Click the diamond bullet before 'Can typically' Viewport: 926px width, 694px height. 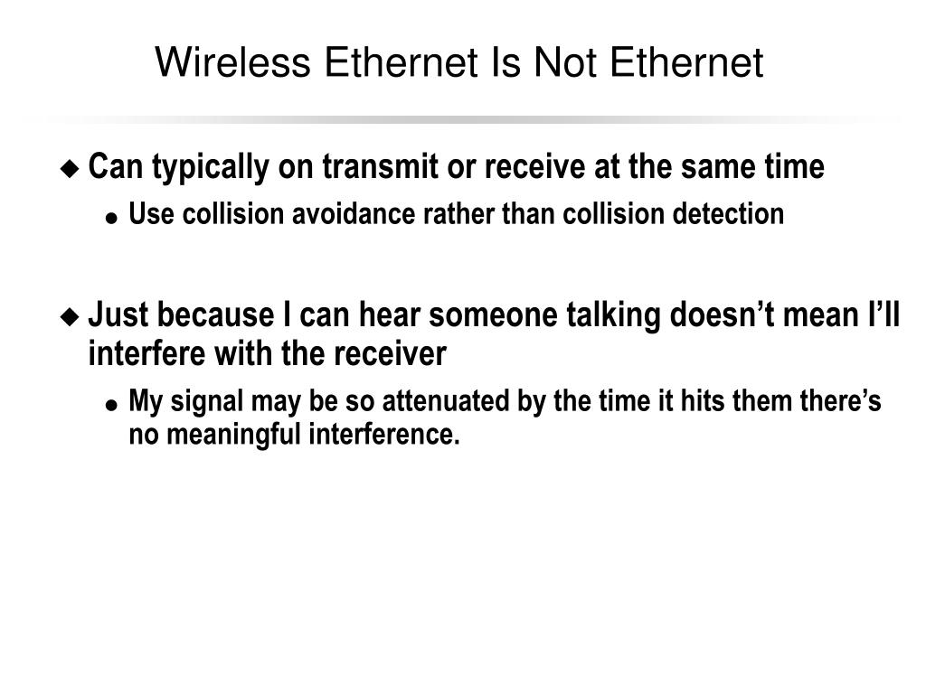pyautogui.click(x=70, y=168)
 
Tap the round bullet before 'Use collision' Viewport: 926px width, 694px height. pyautogui.click(x=110, y=217)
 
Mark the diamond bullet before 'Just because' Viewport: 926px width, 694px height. pyautogui.click(x=70, y=316)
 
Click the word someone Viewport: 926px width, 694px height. pyautogui.click(x=495, y=315)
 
